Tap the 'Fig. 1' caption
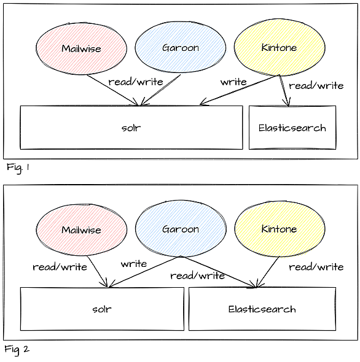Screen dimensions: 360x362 point(18,168)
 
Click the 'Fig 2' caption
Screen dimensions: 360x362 point(17,349)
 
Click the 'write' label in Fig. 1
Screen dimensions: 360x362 point(233,82)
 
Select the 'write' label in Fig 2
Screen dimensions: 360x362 point(134,264)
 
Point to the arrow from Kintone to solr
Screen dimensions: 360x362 point(240,90)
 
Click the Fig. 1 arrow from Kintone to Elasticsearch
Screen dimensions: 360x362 point(284,91)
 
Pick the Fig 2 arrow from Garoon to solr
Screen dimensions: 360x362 point(144,272)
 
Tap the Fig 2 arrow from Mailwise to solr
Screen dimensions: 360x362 point(97,271)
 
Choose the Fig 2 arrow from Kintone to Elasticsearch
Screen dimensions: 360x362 point(268,272)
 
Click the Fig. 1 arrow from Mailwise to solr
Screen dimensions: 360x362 point(113,90)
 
